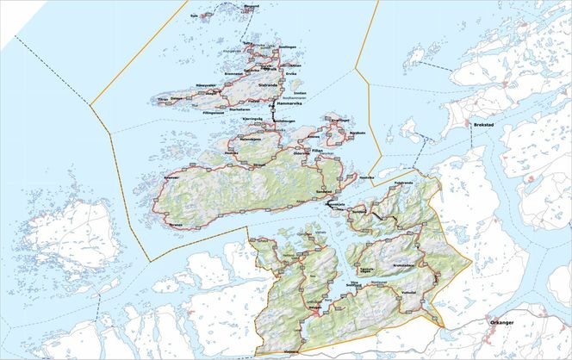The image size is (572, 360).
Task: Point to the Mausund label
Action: [x=251, y=6]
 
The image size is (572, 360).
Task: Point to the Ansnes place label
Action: [x=314, y=137]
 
